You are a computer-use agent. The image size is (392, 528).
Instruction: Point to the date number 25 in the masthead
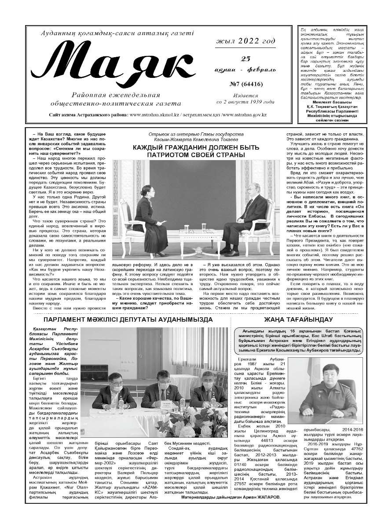[x=246, y=59]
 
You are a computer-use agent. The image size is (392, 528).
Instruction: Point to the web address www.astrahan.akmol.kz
[x=157, y=115]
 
